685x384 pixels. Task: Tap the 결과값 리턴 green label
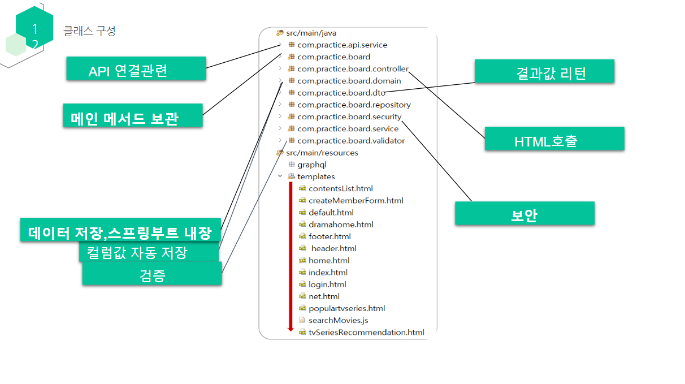point(544,72)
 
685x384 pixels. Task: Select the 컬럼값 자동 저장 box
point(148,252)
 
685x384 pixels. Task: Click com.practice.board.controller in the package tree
point(352,69)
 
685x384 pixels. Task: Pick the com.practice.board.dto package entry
point(341,93)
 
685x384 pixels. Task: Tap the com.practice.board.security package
point(349,117)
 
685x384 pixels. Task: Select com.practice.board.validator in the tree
point(350,141)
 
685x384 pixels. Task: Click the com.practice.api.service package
point(342,45)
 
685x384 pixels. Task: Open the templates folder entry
point(316,176)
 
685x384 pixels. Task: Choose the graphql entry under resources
point(311,165)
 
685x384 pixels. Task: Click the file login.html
point(327,284)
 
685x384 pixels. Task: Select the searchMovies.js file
point(338,320)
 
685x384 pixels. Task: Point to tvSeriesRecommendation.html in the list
point(366,333)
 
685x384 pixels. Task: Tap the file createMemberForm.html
point(355,201)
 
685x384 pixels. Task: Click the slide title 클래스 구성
point(89,31)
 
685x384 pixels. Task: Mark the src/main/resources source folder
point(322,153)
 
